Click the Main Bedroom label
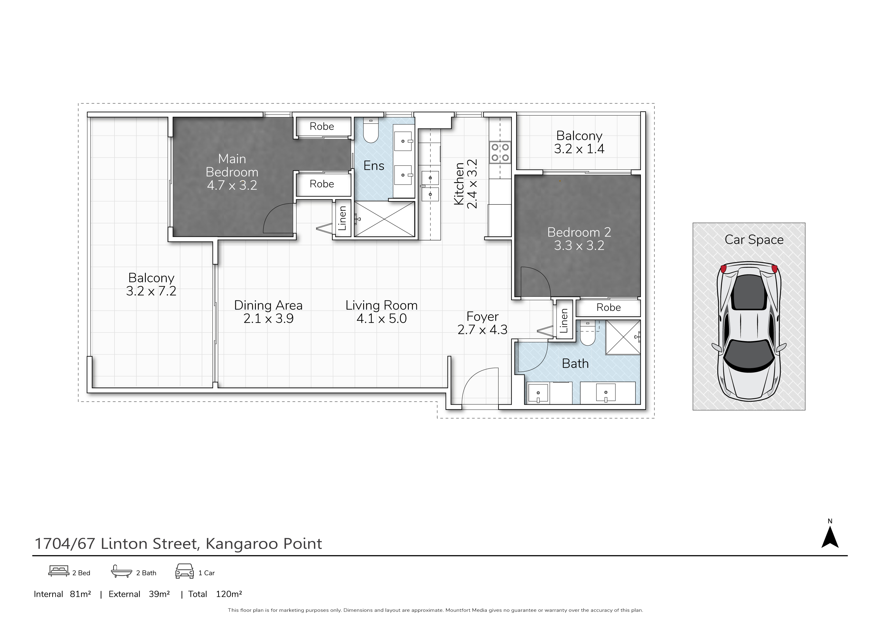tap(232, 165)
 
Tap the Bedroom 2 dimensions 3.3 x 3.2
tap(579, 246)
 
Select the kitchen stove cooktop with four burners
tap(500, 152)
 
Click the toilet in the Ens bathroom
tap(371, 132)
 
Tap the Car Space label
tap(754, 240)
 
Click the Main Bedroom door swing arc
tap(278, 219)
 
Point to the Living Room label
tap(381, 305)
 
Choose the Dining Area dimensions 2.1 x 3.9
tap(268, 319)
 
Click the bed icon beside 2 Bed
tap(59, 571)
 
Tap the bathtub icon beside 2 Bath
tap(121, 571)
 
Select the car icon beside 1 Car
tap(184, 571)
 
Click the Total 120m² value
tap(229, 594)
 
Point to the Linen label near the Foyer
tap(564, 321)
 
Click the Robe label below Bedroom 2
tap(608, 307)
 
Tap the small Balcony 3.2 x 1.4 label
tap(579, 142)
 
